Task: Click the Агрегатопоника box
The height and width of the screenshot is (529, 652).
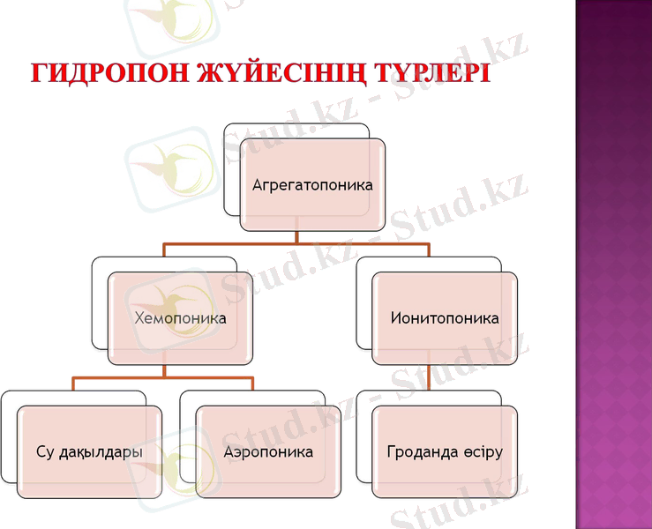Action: tap(312, 185)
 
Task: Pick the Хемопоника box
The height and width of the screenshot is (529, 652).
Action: tap(180, 317)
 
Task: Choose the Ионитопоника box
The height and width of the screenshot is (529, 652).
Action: tap(445, 317)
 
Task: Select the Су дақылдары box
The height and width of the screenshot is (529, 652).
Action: tap(90, 452)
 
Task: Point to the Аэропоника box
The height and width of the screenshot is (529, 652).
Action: tap(268, 452)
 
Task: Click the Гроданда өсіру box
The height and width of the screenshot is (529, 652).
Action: tap(445, 452)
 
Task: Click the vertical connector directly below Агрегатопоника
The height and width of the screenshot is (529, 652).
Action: tap(297, 236)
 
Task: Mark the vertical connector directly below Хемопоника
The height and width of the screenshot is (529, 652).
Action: tap(163, 371)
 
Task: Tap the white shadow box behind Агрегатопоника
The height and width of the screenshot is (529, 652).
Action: tap(232, 168)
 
